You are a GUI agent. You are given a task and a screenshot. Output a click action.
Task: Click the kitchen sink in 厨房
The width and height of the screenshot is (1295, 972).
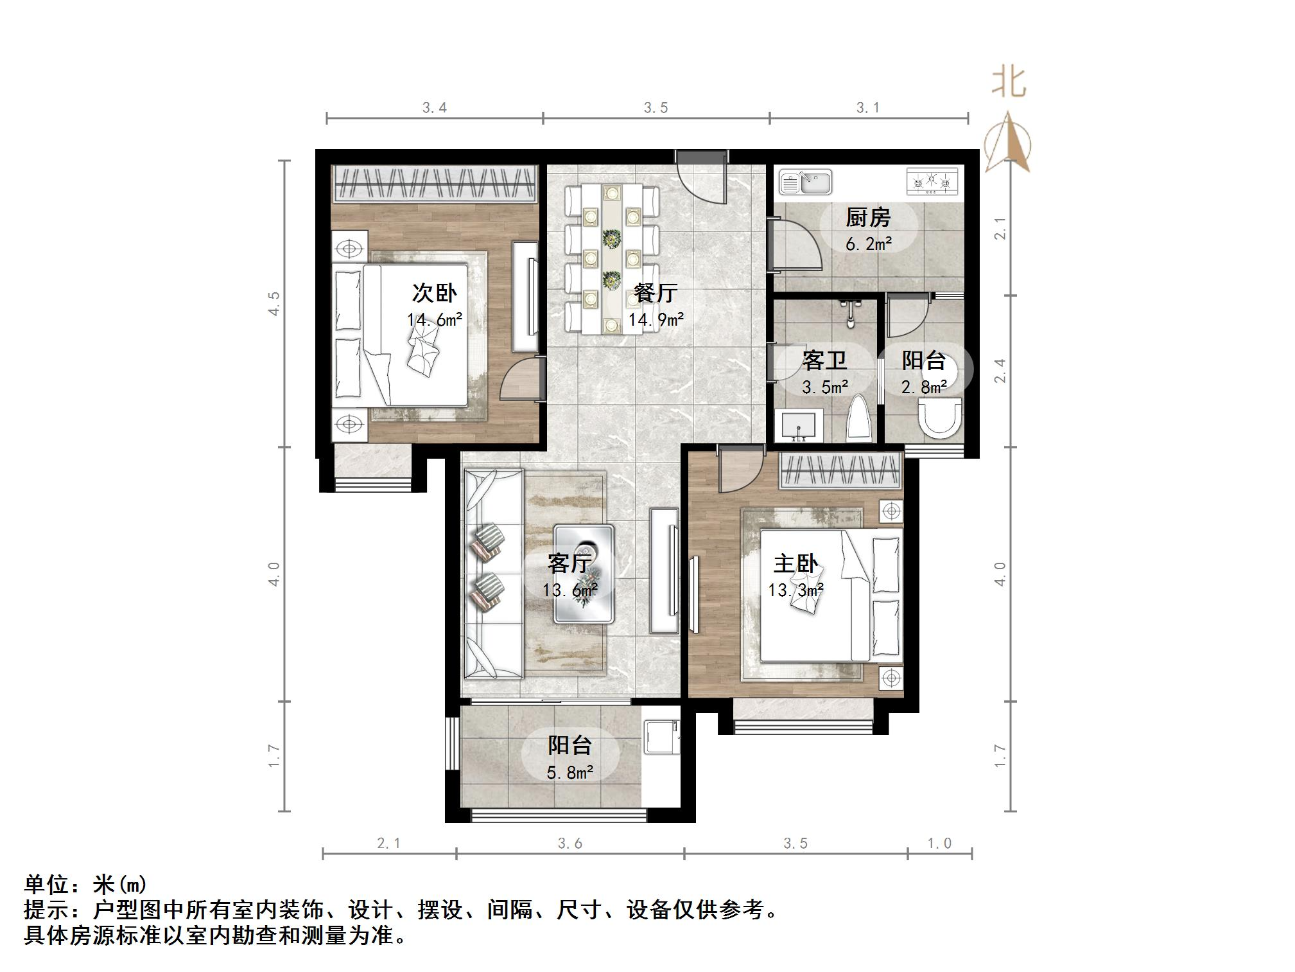805,182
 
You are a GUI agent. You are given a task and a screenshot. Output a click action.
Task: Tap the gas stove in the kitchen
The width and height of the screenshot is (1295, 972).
931,182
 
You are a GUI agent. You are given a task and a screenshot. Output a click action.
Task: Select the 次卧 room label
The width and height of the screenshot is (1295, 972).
434,293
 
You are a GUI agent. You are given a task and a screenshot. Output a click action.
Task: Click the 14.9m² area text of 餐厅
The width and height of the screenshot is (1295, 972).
656,319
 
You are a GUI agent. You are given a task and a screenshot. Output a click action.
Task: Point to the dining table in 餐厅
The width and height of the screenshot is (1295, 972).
612,258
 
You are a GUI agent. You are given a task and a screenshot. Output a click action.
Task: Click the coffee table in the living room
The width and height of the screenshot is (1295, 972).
584,574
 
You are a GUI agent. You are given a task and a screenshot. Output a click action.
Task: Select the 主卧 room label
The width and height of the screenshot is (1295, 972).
795,563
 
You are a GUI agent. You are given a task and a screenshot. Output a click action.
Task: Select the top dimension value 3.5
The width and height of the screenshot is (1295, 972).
656,108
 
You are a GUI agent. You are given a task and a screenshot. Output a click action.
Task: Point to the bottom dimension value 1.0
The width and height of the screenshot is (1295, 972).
939,843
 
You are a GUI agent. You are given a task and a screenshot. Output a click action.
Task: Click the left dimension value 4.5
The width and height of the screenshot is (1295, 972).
274,303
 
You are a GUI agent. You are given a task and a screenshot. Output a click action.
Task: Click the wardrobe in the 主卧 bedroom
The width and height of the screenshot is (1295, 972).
840,472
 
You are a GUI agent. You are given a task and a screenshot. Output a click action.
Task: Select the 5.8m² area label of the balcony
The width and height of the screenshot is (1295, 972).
569,772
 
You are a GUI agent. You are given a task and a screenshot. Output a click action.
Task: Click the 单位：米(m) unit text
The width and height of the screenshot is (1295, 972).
85,885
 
